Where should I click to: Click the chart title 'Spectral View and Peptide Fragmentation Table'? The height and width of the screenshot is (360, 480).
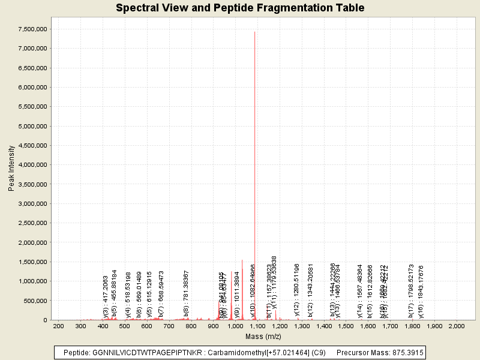tap(240, 8)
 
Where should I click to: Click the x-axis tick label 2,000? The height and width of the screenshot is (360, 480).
tap(457, 326)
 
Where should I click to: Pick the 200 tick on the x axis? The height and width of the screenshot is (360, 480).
tap(58, 326)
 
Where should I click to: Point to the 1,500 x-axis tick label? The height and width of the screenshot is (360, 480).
tap(346, 326)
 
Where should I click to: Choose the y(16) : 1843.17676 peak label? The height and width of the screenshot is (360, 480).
tap(421, 291)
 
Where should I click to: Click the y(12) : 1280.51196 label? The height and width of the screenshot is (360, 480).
tap(296, 289)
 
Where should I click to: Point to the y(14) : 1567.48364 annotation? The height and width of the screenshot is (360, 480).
tap(360, 291)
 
